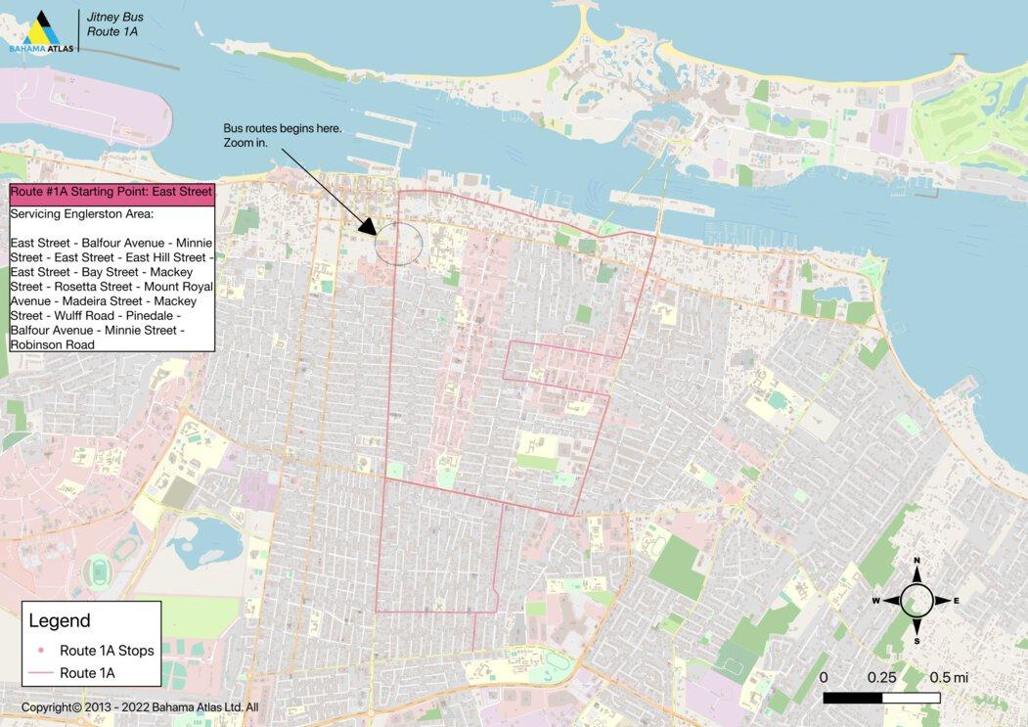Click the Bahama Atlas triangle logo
[x=42, y=28]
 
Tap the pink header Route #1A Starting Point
[x=112, y=193]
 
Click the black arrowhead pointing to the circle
[x=369, y=226]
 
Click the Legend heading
[x=60, y=620]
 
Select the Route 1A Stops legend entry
[x=107, y=651]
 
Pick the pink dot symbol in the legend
[x=41, y=651]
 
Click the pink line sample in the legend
[x=41, y=673]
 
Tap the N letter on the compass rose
[x=916, y=561]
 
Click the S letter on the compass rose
[x=916, y=641]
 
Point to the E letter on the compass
[x=956, y=601]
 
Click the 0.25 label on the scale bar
[x=881, y=677]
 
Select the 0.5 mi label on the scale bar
[x=948, y=677]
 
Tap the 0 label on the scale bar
[x=824, y=677]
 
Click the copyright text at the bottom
[x=139, y=707]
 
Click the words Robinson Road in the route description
[x=53, y=344]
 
